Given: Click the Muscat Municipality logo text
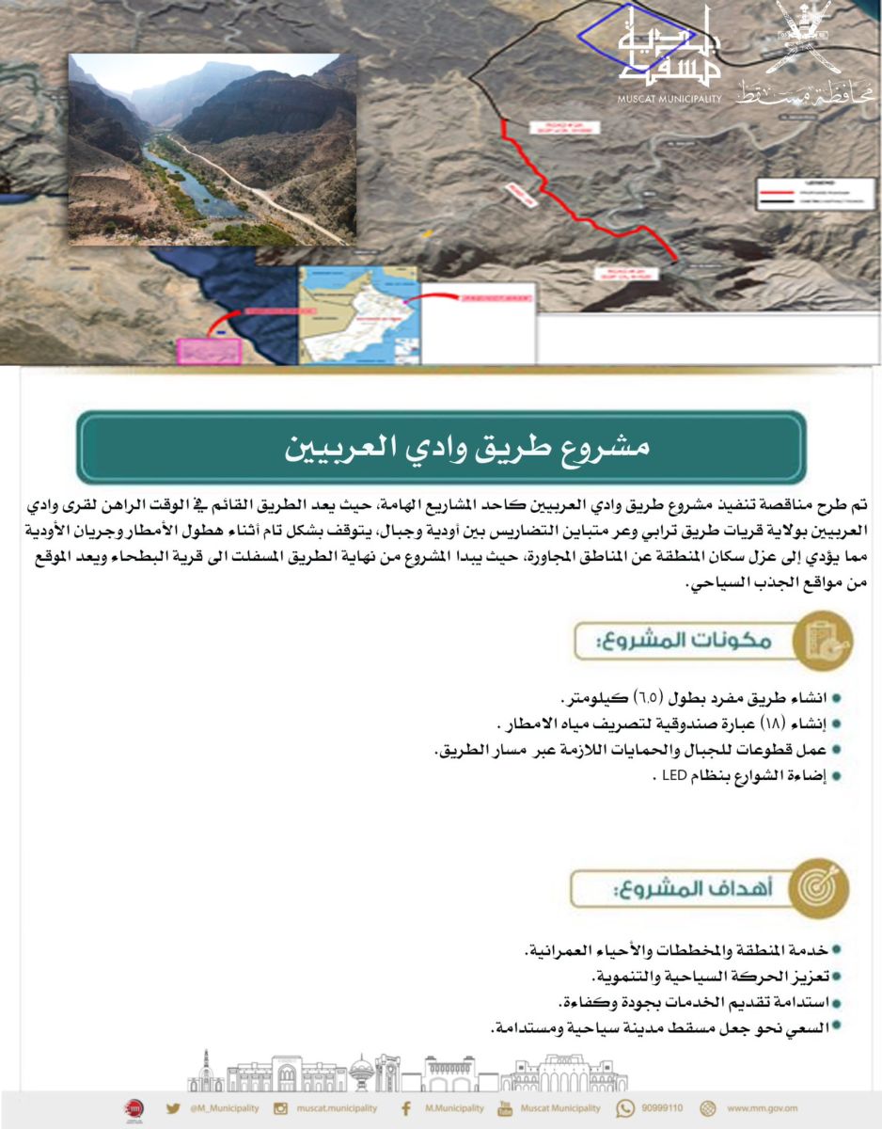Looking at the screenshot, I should (x=669, y=98).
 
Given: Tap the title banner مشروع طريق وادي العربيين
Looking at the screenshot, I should (x=441, y=447).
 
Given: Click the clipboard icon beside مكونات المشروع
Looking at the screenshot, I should (x=822, y=639).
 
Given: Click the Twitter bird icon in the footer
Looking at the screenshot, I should (x=173, y=1108).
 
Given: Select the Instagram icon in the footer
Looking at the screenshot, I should (x=280, y=1108).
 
